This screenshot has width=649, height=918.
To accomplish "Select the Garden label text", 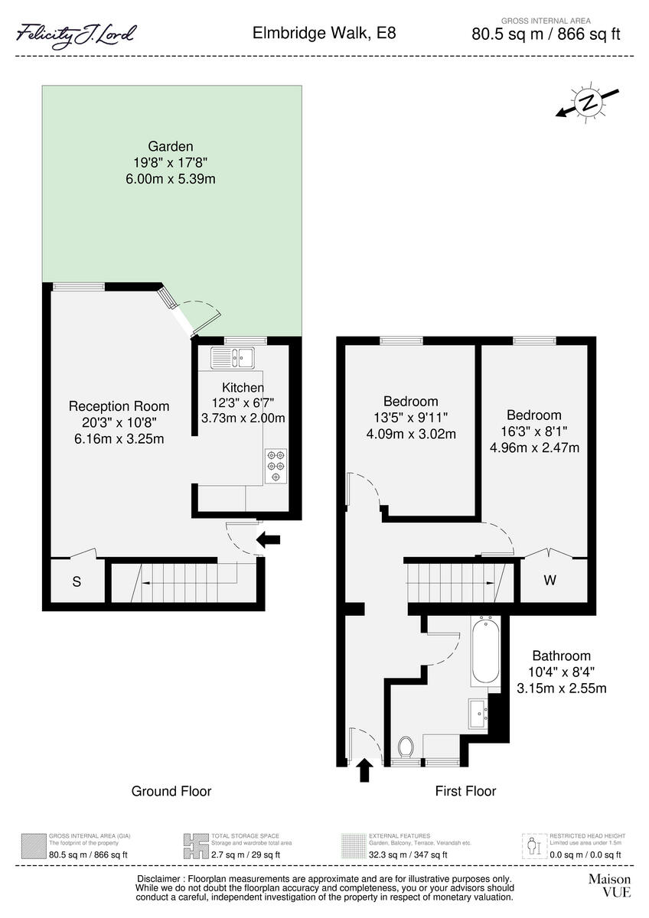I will (170, 146).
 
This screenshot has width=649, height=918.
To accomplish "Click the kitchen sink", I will (233, 356).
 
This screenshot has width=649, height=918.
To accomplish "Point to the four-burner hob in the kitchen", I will (276, 466).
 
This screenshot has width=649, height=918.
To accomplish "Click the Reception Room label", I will (119, 406).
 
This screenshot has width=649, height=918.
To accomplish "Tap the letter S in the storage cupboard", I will (77, 582).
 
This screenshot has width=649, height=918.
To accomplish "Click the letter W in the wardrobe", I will (550, 581).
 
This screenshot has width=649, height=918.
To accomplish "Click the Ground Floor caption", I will (171, 791).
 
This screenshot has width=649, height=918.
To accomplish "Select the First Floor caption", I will (465, 791).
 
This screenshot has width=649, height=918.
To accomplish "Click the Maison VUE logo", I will (609, 885).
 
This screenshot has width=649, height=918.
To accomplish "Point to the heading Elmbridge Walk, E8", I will (324, 34).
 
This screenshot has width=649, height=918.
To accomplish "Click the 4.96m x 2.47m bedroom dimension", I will (534, 448).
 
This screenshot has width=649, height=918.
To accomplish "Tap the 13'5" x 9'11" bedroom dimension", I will (410, 418).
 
